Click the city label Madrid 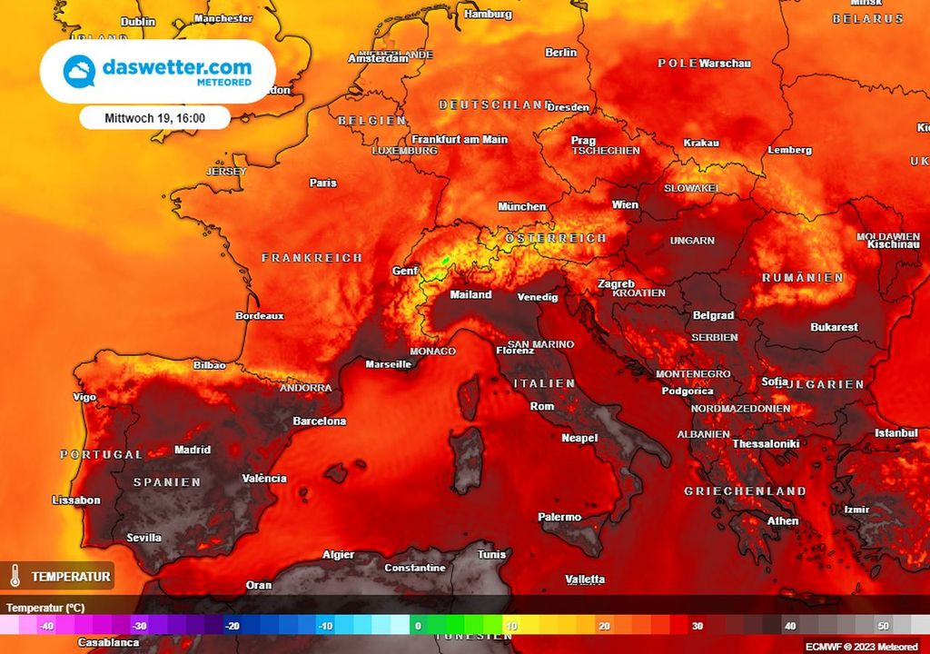click(192, 450)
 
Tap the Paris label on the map click(322, 183)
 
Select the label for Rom click(541, 406)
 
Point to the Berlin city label click(560, 53)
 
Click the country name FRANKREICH click(312, 258)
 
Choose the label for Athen click(783, 520)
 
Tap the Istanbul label click(895, 433)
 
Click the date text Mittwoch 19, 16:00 click(154, 118)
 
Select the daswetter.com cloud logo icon click(79, 71)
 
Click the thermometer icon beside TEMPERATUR click(15, 576)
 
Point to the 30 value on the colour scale click(697, 626)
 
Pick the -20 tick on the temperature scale click(232, 626)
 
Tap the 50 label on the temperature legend click(882, 626)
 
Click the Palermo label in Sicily click(559, 517)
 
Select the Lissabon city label click(76, 500)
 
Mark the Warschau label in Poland click(725, 64)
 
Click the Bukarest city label click(834, 327)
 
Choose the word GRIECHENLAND click(745, 491)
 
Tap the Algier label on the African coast click(339, 555)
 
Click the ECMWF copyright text click(861, 647)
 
